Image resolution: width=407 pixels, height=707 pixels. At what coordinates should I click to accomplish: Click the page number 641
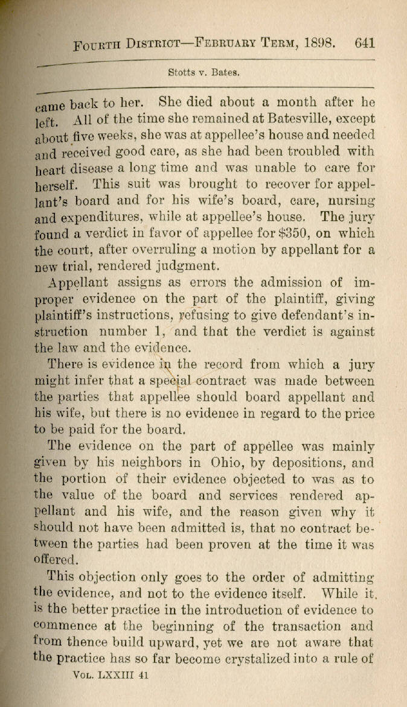pyautogui.click(x=366, y=43)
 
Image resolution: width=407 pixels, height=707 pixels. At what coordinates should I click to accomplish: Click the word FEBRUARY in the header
pyautogui.click(x=217, y=44)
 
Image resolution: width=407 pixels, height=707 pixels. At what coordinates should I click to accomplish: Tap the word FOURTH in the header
pyautogui.click(x=97, y=45)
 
